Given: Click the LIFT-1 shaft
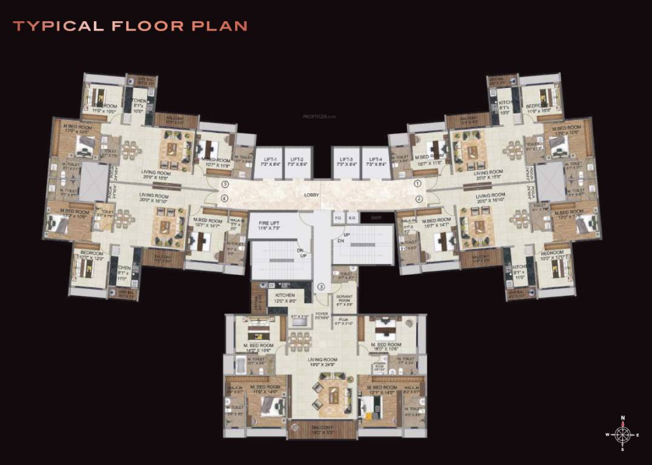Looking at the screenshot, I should [267, 162].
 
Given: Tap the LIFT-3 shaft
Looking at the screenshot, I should [345, 162].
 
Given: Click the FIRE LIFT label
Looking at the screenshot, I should [270, 223].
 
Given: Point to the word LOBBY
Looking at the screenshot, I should [311, 196].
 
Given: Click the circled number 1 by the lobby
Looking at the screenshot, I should [417, 183].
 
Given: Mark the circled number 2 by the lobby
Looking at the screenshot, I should [418, 199].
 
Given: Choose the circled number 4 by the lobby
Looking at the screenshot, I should [224, 199].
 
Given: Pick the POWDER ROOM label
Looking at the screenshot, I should [379, 366].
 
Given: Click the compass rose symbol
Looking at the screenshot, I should [622, 434].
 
